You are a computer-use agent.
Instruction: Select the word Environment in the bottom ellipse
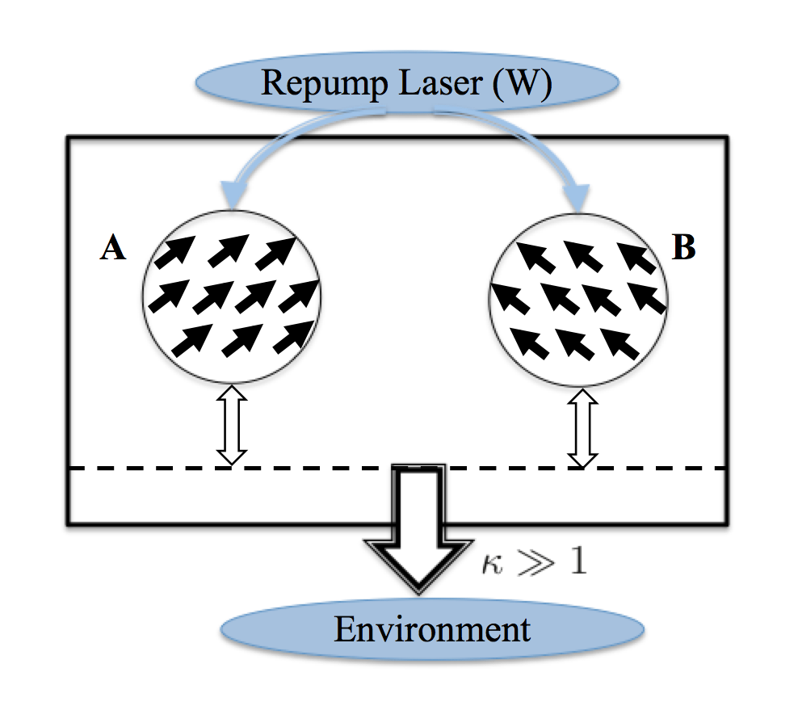point(432,628)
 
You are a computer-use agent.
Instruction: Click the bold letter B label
point(683,249)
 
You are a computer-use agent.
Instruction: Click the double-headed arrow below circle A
point(231,426)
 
